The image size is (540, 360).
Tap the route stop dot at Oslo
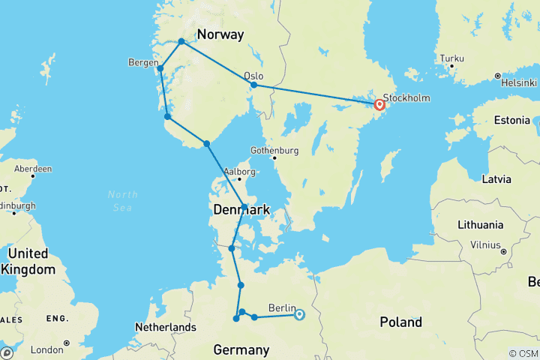[254, 85]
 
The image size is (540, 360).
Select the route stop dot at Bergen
[160, 69]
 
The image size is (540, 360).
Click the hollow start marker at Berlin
[298, 314]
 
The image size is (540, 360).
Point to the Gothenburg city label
[274, 149]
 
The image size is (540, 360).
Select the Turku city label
[453, 58]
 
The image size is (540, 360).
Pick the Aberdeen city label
[31, 169]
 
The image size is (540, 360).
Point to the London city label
[46, 349]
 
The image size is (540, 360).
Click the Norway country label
[220, 34]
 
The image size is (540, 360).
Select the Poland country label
[400, 322]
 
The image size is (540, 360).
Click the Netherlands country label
[165, 327]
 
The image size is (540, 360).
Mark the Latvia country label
[496, 179]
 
